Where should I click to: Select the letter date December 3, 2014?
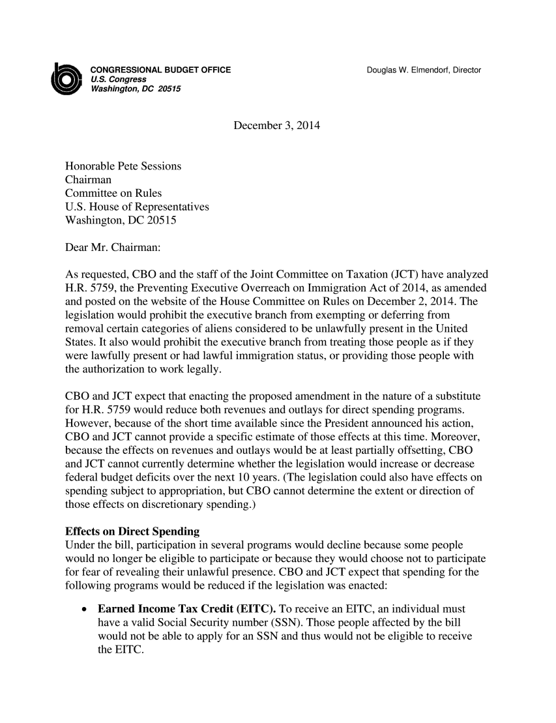[x=278, y=124]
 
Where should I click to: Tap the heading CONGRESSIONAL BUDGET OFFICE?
[x=160, y=70]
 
